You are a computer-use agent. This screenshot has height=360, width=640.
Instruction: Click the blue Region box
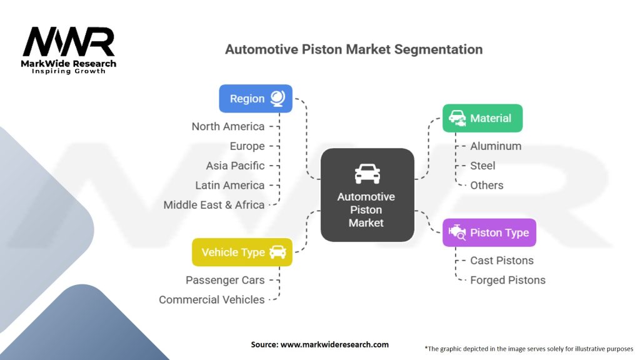coord(256,98)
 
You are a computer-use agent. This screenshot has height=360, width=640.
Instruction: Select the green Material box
coord(482,118)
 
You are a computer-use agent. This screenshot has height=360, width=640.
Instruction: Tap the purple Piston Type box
coord(489,232)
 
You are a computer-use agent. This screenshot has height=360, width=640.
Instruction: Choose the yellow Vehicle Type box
coord(242,252)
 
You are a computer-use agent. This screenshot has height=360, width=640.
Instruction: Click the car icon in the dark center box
coord(367,174)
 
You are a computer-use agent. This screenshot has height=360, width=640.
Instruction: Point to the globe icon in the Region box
coord(278,98)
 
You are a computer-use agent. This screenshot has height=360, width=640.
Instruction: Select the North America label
coord(228,126)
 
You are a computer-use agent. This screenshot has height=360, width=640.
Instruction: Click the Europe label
coord(247,146)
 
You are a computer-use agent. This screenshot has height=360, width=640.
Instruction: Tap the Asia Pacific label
coord(235,166)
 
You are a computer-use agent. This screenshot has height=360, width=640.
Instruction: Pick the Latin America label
coord(230,185)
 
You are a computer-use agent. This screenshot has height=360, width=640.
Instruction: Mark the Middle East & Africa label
coord(214,205)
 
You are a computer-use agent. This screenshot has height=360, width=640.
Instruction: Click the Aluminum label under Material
coord(496,146)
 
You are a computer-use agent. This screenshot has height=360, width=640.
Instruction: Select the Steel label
coord(482,166)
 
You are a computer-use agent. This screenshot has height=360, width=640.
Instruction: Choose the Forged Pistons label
coord(507,280)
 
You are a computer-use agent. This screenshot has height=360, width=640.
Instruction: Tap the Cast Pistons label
coord(502,261)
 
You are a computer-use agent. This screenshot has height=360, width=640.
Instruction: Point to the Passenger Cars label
coord(225,280)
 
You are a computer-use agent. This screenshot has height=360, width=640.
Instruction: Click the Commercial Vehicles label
coord(212,299)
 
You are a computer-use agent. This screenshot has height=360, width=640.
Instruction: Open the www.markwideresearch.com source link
coord(335,344)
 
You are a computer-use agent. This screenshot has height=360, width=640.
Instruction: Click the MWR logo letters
coord(69,42)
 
